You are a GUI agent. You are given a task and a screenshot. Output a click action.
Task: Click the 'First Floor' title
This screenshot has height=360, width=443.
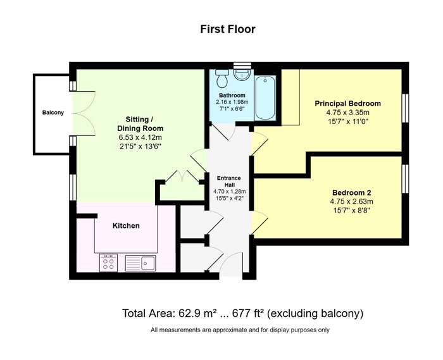(228, 29)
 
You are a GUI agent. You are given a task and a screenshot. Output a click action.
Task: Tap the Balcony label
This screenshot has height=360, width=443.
(53, 113)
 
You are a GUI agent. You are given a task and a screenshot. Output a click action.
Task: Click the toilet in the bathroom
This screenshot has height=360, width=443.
(222, 78)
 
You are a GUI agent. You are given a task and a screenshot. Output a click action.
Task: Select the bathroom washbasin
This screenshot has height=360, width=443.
(242, 75)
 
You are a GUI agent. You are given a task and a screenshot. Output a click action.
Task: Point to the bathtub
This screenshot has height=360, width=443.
(265, 97)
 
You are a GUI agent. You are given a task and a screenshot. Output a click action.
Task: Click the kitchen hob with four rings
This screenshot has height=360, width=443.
(108, 263)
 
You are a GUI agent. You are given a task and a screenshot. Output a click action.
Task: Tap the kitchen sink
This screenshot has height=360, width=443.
(140, 263)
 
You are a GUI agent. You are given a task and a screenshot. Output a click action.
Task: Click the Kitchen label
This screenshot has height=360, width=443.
(126, 226)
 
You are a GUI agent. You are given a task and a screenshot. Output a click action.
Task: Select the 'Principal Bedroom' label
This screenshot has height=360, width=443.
(348, 103)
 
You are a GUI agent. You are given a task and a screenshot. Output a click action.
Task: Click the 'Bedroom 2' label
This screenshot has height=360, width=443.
(351, 192)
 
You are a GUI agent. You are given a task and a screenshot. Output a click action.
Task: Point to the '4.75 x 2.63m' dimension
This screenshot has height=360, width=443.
(351, 202)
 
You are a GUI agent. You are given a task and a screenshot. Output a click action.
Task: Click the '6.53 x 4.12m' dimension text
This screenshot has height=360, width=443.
(140, 137)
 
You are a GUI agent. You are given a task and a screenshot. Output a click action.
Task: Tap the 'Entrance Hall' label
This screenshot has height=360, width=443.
(229, 182)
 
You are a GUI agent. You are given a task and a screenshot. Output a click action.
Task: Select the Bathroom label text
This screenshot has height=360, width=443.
(232, 95)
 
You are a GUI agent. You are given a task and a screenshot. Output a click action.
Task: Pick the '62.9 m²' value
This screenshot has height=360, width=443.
(197, 313)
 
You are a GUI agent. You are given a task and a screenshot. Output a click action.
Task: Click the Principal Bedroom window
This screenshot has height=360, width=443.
(406, 108)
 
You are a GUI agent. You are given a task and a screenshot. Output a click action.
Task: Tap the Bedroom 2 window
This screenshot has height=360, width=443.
(406, 179)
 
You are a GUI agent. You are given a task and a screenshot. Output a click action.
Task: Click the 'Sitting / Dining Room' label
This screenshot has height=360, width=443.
(140, 123)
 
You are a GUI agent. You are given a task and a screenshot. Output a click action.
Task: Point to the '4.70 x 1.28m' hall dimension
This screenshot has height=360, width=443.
(229, 192)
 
